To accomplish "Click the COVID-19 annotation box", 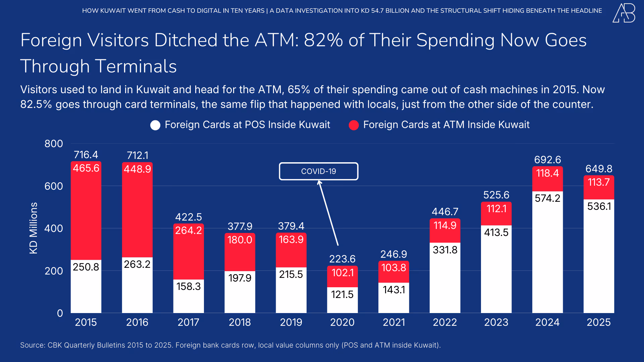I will tap(318, 171).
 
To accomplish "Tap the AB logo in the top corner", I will tap(624, 13).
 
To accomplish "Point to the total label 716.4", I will tap(86, 155).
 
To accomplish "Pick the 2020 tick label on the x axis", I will tap(342, 322).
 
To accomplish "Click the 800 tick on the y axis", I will tap(54, 144).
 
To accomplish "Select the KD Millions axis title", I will tap(34, 228).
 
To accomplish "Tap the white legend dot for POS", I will tap(155, 125).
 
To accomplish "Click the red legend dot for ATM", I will tap(354, 125).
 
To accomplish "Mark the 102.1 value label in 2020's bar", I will tap(342, 273).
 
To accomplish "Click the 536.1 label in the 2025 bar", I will tap(599, 206).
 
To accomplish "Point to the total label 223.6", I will tap(342, 259).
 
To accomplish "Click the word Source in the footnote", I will tap(33, 345).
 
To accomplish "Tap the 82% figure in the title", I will tap(323, 40).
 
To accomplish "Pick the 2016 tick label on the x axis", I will tap(137, 322).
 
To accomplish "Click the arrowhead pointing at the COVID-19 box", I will tap(319, 183).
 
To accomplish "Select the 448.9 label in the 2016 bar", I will tap(137, 169).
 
